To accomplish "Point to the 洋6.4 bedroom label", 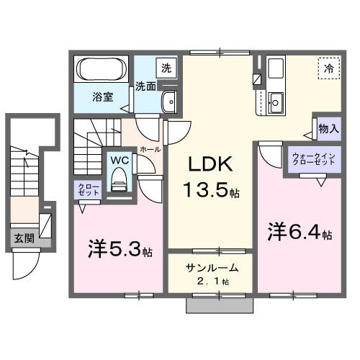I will coord(301,234).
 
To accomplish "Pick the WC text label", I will coord(118,160).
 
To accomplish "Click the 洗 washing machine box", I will coord(166,68).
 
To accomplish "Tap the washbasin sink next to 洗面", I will coord(169,101).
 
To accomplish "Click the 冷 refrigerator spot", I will coord(328,68).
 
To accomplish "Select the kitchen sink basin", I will coord(276,99).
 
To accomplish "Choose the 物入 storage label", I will coord(328,128).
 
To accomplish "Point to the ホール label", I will coord(149,148).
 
